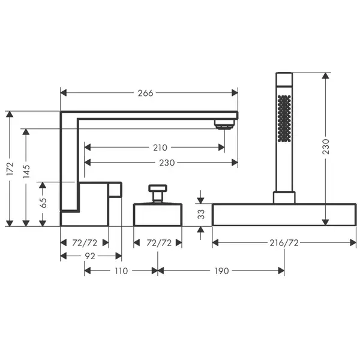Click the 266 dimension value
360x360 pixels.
click(x=145, y=93)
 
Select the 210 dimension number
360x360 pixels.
click(x=160, y=148)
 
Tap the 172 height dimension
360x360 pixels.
click(x=10, y=169)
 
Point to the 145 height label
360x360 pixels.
click(x=26, y=171)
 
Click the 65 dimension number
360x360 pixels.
click(x=43, y=203)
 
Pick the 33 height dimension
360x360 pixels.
click(x=201, y=214)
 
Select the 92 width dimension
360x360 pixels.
click(x=90, y=256)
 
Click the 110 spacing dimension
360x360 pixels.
click(x=121, y=271)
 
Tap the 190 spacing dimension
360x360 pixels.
click(x=221, y=271)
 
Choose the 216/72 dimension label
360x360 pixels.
click(x=284, y=242)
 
